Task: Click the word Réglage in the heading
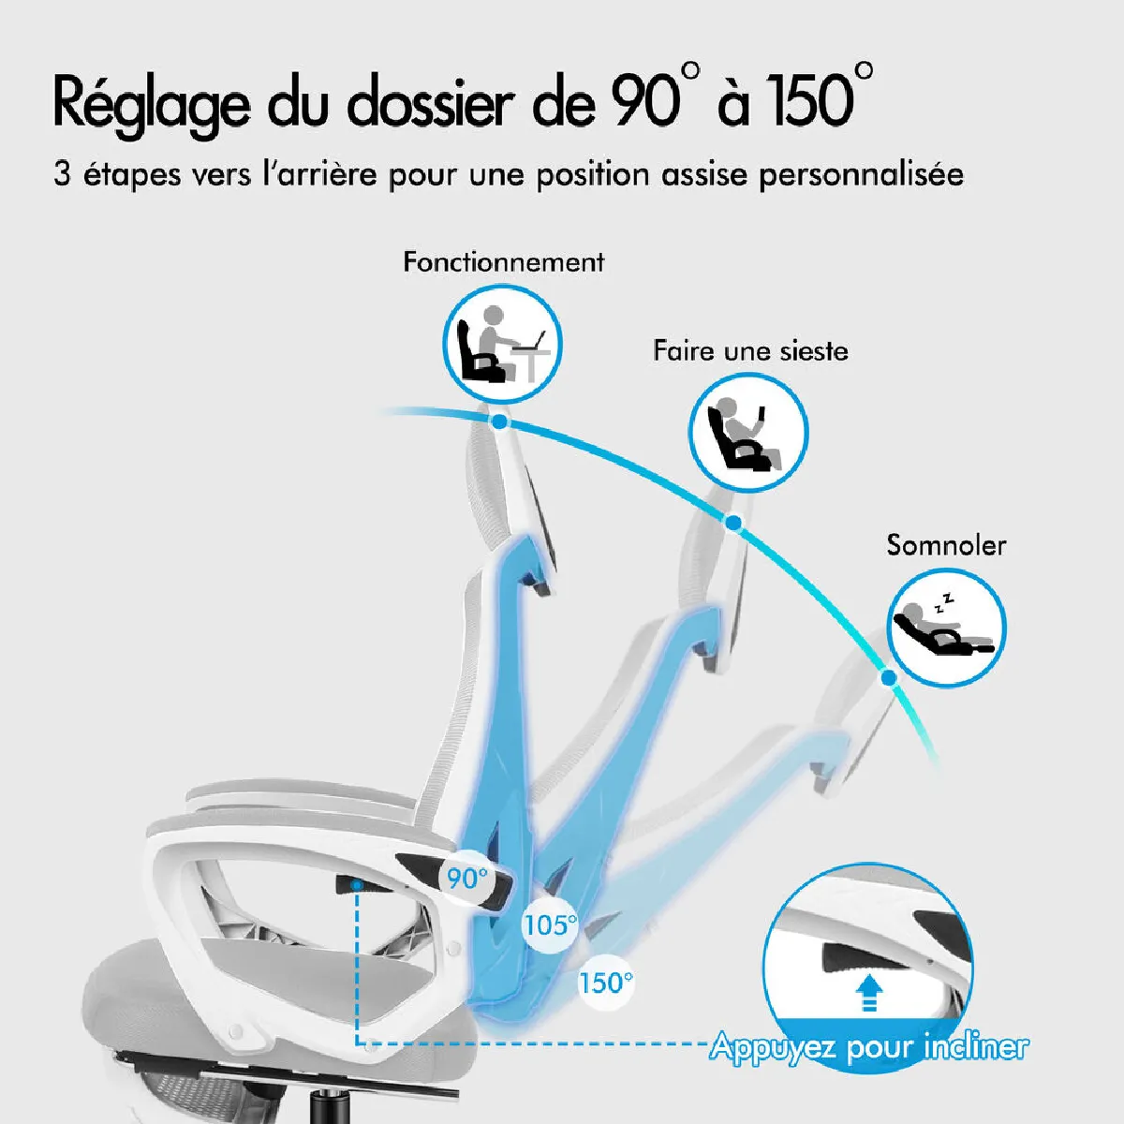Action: (152, 105)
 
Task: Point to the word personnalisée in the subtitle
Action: (861, 175)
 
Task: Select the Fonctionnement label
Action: (503, 262)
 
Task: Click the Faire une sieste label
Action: (750, 351)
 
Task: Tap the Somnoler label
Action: (946, 545)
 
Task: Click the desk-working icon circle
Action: (502, 344)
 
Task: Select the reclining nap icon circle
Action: (748, 432)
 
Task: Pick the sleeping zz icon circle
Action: (946, 627)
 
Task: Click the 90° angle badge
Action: (466, 878)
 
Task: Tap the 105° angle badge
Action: (550, 925)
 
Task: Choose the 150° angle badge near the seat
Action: (605, 983)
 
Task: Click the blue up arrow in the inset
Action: (869, 993)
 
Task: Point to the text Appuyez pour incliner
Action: (869, 1046)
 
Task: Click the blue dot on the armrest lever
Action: (356, 886)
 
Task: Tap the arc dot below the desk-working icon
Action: (499, 422)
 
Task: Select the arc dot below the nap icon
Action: (733, 523)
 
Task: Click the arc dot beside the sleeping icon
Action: (889, 678)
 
